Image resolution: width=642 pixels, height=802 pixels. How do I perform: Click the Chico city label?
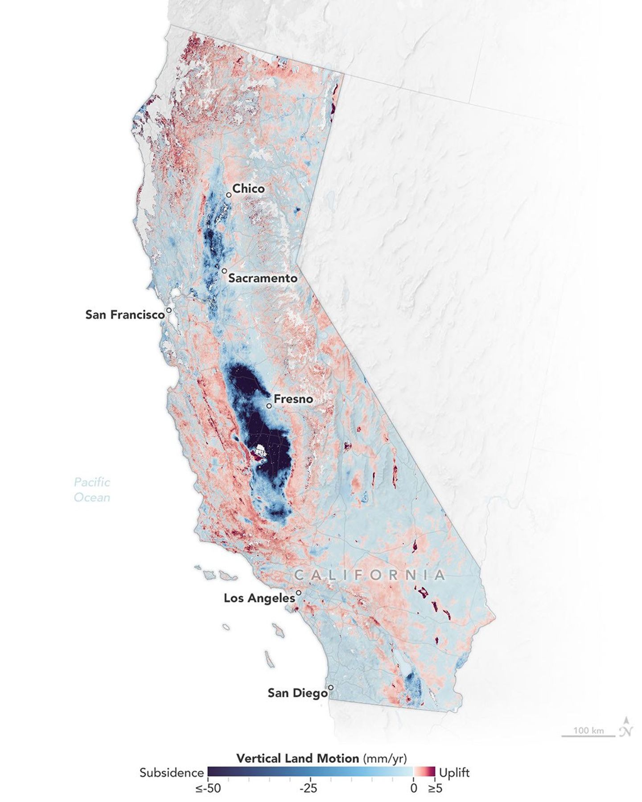(248, 188)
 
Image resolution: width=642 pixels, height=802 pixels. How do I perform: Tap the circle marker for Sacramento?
(224, 271)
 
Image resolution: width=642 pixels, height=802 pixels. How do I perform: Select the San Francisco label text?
(125, 315)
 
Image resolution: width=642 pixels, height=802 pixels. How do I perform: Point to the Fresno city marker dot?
(269, 406)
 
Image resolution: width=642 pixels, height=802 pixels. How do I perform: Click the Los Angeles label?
(259, 598)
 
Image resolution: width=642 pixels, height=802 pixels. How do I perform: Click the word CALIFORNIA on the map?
(369, 575)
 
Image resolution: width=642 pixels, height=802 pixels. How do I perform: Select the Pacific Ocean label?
(92, 489)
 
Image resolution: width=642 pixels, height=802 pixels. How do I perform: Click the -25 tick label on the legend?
(308, 789)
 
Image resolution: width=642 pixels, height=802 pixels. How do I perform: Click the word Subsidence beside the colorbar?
(172, 773)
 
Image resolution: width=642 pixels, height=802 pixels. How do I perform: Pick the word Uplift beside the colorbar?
(454, 773)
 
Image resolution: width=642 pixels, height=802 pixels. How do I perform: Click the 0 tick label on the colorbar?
(413, 789)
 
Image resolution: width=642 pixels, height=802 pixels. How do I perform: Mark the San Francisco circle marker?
(169, 310)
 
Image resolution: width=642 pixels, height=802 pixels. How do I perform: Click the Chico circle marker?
(229, 195)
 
